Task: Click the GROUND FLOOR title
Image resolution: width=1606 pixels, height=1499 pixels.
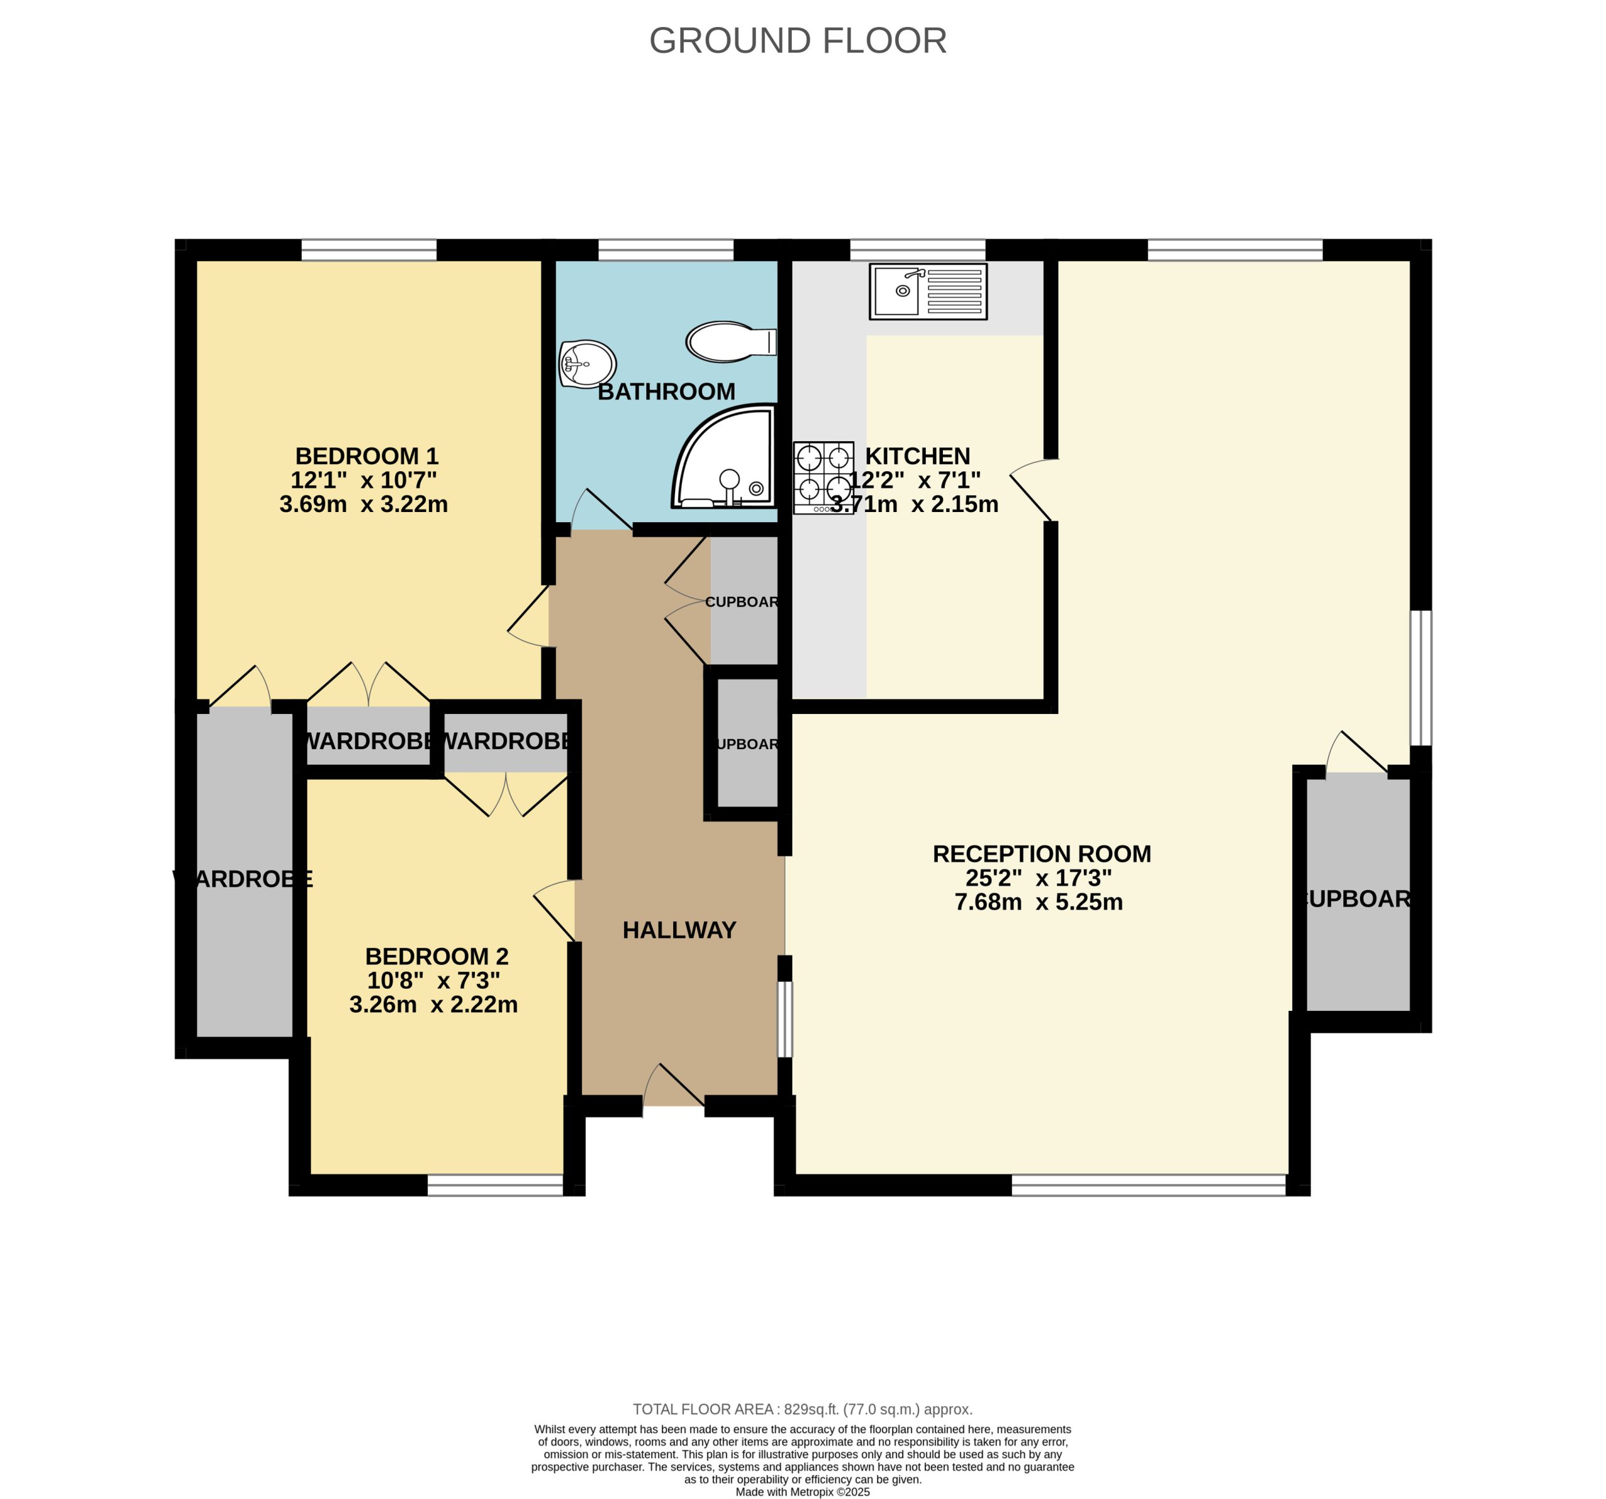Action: pos(797,40)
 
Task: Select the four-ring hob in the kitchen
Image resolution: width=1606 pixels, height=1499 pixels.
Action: pos(823,477)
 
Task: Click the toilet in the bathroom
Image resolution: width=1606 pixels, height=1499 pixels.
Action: pos(730,342)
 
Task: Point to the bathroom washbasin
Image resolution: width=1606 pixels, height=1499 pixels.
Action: pos(587,364)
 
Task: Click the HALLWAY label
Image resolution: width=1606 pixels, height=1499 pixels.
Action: pos(679,930)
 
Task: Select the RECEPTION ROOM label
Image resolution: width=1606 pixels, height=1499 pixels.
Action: pos(1041,854)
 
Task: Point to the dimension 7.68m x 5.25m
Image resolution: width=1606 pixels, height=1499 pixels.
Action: pos(1038,902)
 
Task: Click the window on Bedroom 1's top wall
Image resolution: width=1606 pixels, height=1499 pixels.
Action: pos(369,250)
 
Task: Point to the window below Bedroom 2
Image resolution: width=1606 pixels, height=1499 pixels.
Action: pos(494,1185)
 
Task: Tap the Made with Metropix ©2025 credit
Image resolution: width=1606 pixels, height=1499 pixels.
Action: pos(802,1493)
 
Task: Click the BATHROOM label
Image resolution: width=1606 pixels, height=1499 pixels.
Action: pos(666,392)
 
